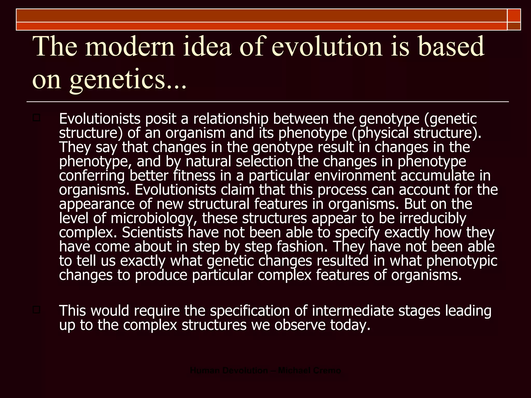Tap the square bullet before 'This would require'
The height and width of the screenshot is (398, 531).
point(36,310)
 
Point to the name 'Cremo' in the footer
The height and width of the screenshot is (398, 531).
point(327,371)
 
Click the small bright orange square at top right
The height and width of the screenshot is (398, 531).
point(514,16)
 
